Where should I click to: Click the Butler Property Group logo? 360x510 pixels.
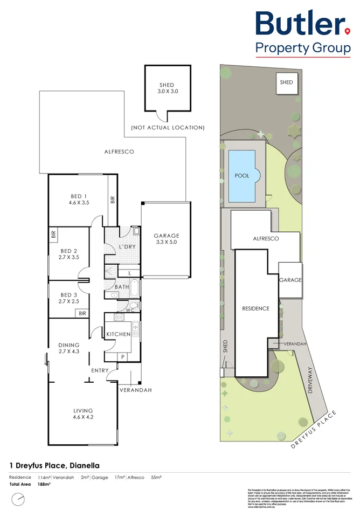tap(302, 32)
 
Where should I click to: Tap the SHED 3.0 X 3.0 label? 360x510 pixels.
tap(167, 88)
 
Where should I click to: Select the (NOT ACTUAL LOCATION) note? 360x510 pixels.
tap(168, 128)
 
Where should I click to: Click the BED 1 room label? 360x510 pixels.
tap(78, 199)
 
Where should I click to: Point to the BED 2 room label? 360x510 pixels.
tap(68, 254)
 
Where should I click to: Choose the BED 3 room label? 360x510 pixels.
tap(68, 298)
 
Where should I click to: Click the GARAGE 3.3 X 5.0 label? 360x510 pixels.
tap(166, 239)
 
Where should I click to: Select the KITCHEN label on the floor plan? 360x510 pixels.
tap(117, 334)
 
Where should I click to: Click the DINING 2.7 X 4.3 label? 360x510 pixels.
tap(69, 348)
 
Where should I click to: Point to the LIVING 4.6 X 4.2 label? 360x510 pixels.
tap(83, 415)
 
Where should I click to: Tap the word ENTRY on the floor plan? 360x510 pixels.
tap(100, 370)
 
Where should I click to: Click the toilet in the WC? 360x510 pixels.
tap(135, 306)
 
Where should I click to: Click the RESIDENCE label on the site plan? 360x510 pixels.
tap(255, 309)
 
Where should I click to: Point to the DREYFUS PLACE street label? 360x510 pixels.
tap(314, 430)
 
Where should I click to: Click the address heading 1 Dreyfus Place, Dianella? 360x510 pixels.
tap(54, 465)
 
